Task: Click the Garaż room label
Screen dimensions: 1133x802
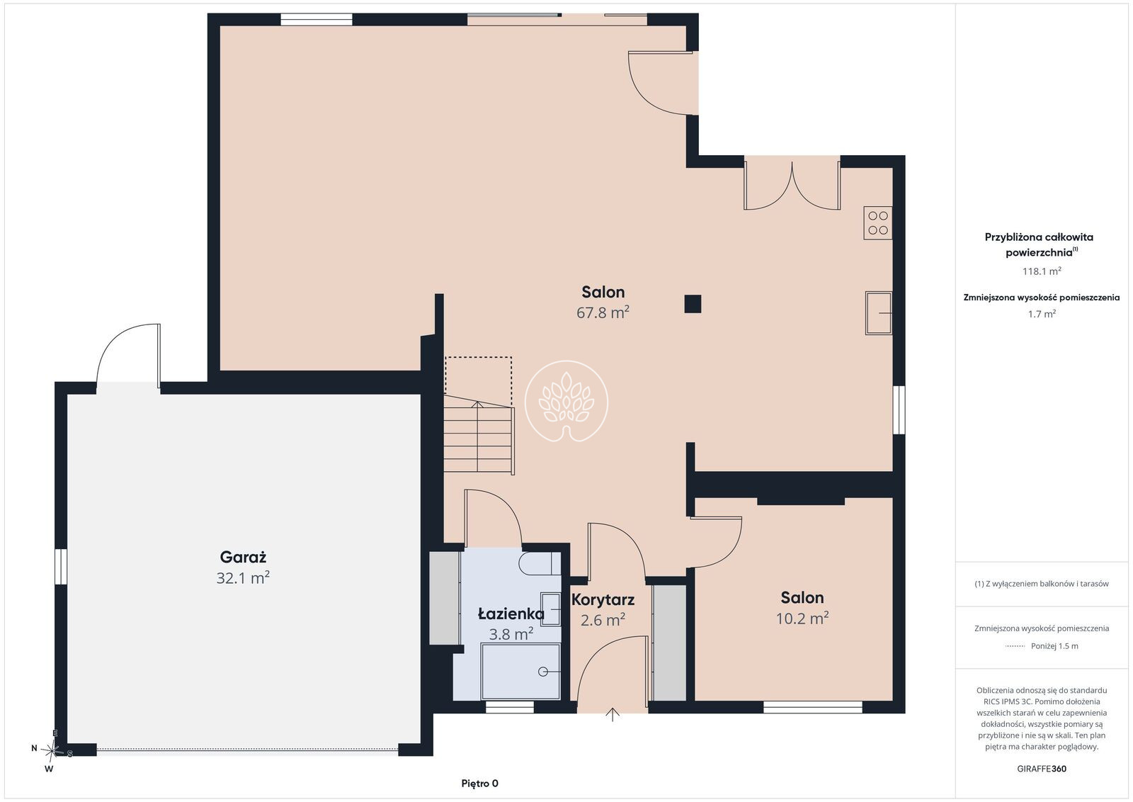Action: [x=243, y=557]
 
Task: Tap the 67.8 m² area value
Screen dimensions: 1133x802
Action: [x=603, y=312]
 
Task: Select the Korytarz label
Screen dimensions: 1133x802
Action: [x=603, y=599]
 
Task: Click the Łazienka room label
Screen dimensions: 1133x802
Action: [x=511, y=614]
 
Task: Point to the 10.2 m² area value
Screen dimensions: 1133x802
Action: [x=802, y=619]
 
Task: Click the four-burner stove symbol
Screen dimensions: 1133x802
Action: [x=877, y=223]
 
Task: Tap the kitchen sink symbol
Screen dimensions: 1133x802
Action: [x=878, y=313]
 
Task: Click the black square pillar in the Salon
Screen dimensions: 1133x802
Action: [x=693, y=304]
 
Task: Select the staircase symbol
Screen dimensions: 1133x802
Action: [x=479, y=435]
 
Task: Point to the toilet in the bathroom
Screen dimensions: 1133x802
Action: [x=540, y=564]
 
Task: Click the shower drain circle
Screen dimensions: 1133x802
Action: [x=543, y=672]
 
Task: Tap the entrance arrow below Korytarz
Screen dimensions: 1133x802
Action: [x=613, y=714]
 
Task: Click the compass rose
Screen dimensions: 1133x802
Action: [x=51, y=751]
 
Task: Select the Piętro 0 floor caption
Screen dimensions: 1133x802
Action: [x=479, y=784]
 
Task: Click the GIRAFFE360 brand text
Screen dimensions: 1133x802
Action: [x=1042, y=769]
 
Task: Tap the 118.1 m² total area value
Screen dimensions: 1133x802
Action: [x=1042, y=271]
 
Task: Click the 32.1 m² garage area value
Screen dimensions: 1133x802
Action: [x=243, y=578]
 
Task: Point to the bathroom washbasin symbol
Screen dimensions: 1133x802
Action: [x=551, y=609]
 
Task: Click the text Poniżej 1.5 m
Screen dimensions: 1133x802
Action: [x=1054, y=646]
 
